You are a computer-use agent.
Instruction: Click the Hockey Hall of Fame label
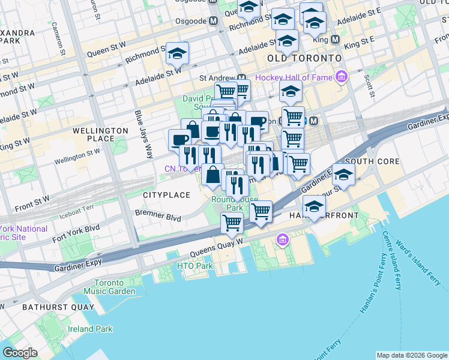(x=294, y=77)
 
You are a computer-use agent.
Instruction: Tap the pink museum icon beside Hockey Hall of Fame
(x=342, y=77)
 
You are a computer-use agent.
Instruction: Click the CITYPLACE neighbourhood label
(x=166, y=195)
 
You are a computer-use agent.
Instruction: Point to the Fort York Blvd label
(x=76, y=229)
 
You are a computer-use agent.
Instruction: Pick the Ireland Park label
(x=89, y=329)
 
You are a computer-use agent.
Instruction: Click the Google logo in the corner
(x=20, y=352)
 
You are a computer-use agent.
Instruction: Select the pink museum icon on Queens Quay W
(x=282, y=241)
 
